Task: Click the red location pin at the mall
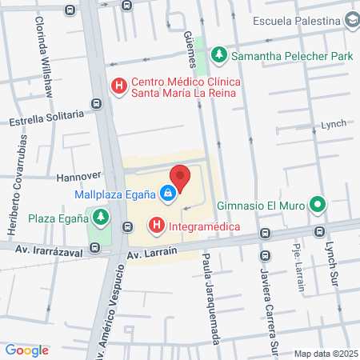click(180, 178)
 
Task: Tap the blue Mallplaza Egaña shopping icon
click(167, 193)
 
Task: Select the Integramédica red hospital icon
click(157, 226)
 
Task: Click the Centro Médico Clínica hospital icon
click(119, 86)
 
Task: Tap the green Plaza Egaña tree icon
click(99, 217)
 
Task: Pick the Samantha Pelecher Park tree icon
click(219, 55)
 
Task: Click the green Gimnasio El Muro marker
click(318, 206)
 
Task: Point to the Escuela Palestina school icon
click(350, 22)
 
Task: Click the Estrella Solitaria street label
click(46, 119)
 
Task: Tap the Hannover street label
click(78, 174)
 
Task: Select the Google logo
click(26, 350)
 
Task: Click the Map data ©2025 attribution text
click(325, 354)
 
